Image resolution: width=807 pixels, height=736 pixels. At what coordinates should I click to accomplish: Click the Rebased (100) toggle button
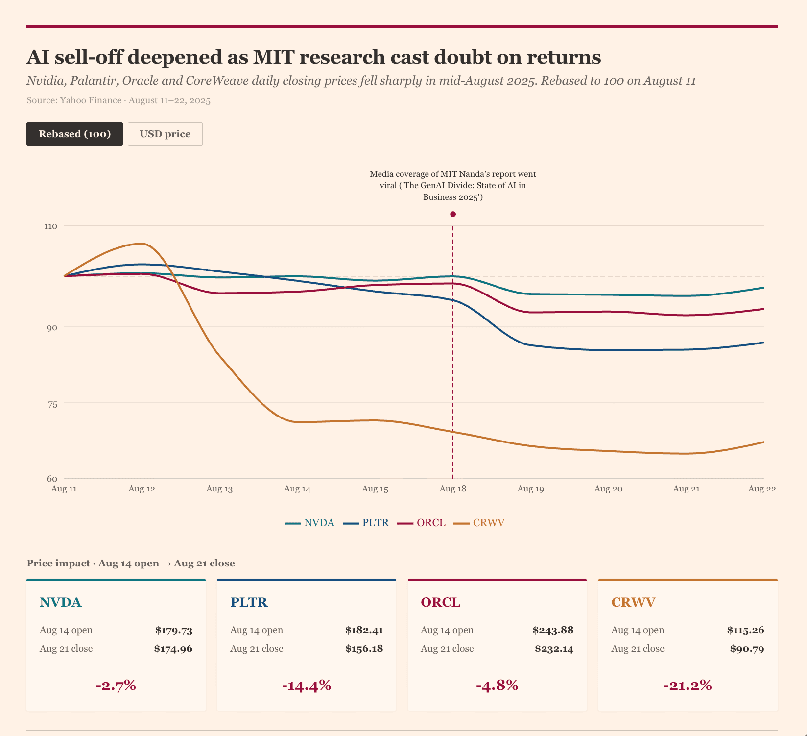(x=74, y=134)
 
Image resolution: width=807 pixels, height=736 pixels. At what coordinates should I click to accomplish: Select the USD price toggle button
(x=165, y=134)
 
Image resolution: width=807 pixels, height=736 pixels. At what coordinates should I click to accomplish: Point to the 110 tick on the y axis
(x=51, y=226)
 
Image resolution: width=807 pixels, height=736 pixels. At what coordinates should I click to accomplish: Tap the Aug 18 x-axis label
(x=453, y=489)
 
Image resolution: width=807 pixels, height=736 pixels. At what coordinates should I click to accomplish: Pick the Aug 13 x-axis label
(x=219, y=489)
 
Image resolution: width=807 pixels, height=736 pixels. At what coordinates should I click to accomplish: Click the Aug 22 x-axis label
(x=762, y=489)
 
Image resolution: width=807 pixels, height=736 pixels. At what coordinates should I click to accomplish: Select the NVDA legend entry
(x=310, y=523)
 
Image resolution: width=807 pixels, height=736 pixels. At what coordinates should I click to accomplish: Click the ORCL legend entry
(x=422, y=523)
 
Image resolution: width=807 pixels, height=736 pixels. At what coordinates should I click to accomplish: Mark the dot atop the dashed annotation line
(x=453, y=214)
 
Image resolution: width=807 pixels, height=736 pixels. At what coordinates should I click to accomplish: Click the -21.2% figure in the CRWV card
(x=688, y=686)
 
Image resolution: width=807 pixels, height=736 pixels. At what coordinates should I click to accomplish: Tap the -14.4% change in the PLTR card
(x=307, y=686)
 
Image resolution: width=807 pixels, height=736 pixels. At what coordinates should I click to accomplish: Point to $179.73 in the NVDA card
(x=174, y=630)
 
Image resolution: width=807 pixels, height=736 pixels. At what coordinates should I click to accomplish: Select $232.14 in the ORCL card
(x=554, y=649)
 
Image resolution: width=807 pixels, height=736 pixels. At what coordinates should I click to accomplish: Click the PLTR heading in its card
(x=249, y=602)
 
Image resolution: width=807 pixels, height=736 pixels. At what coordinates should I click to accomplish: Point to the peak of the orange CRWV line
(x=141, y=244)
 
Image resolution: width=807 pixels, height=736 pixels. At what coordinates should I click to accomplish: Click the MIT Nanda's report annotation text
(x=453, y=186)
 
